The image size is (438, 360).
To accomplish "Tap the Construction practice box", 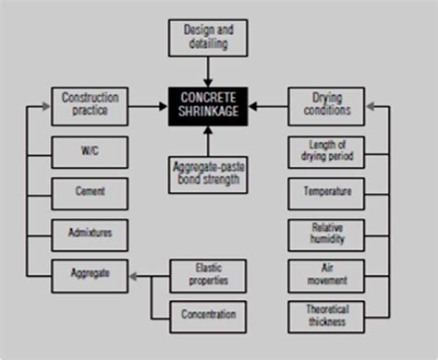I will [90, 106].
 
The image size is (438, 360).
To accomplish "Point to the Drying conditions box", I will [325, 106].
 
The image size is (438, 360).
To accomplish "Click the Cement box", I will [90, 192].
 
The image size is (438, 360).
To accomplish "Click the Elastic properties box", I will [209, 272].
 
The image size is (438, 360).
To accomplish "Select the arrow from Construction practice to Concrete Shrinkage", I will [148, 106].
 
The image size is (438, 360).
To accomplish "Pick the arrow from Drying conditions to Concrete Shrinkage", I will [267, 106].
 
